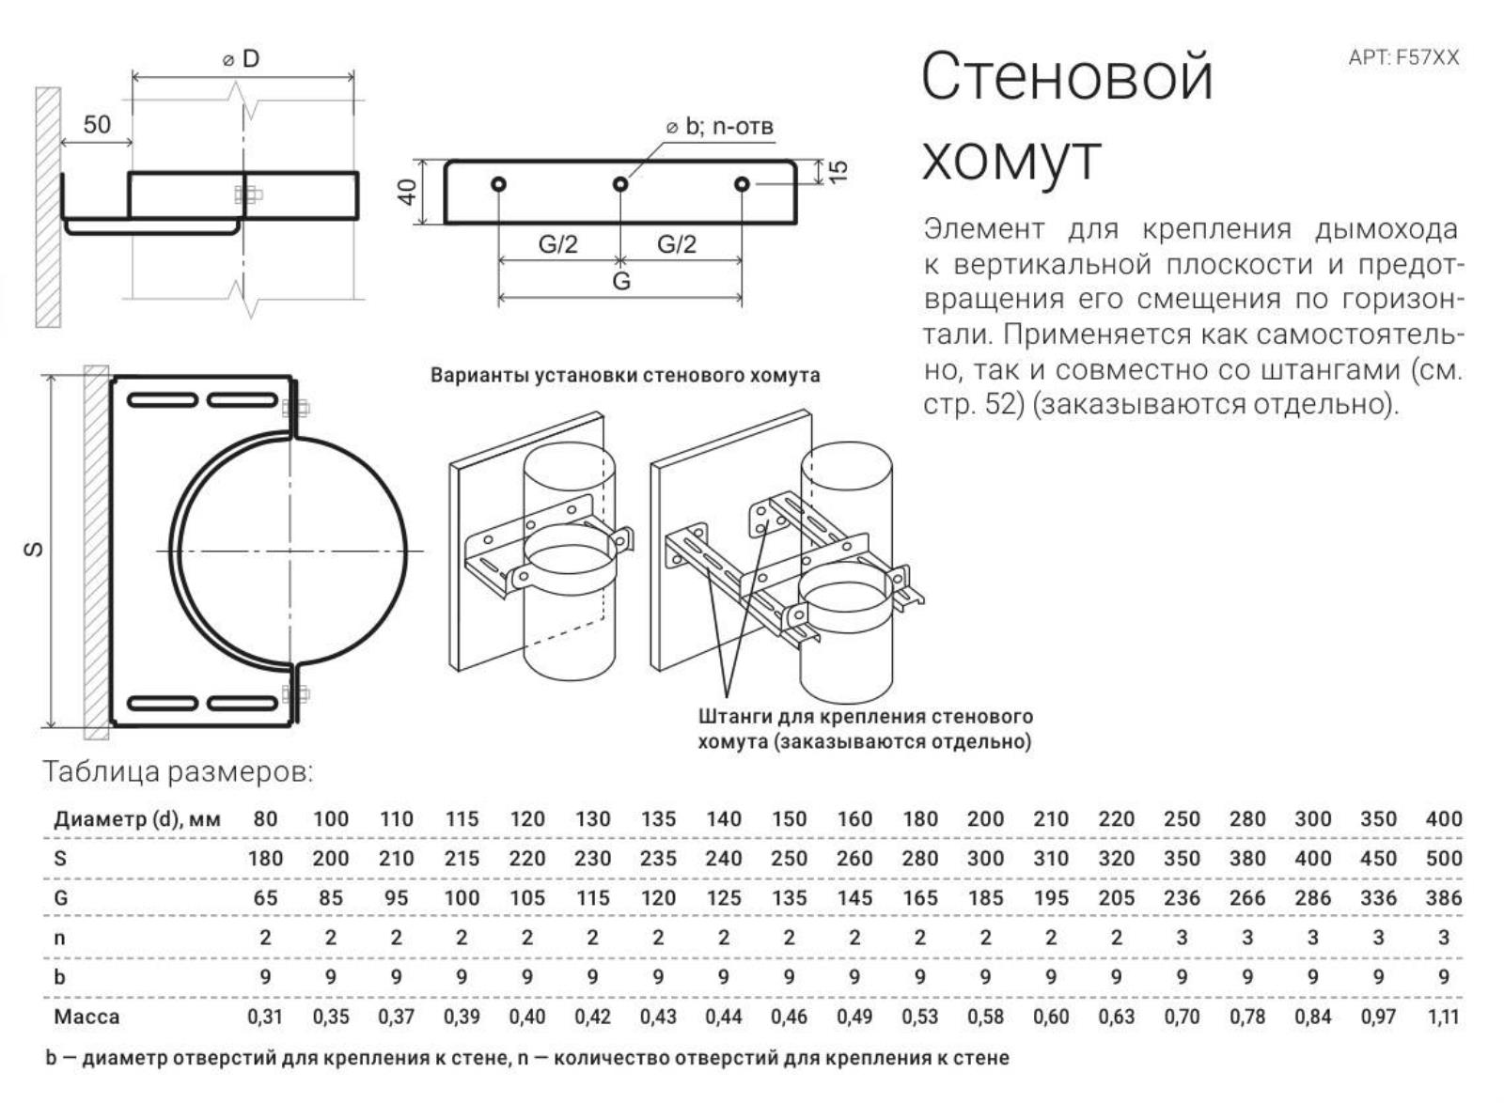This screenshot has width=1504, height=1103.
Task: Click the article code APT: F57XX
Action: (x=1403, y=57)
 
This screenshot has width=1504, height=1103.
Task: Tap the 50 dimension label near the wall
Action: (x=97, y=125)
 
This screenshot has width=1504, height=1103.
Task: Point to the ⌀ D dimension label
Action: (x=242, y=59)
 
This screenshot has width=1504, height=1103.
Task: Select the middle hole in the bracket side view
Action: (x=620, y=184)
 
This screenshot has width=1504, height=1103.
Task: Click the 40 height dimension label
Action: (x=407, y=192)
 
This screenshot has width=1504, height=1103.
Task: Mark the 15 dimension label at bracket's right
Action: (x=838, y=170)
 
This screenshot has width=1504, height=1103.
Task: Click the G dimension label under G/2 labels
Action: (x=621, y=281)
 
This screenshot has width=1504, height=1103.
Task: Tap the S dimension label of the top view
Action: (x=34, y=550)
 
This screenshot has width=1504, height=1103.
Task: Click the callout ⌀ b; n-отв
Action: (x=720, y=126)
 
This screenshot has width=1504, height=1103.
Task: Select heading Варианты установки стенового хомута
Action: (x=625, y=376)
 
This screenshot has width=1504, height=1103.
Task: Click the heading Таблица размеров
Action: (x=178, y=772)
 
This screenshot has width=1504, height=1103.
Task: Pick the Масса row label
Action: (x=86, y=1017)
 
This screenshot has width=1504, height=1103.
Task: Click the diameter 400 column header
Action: (x=1443, y=818)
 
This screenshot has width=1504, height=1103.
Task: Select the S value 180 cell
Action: (x=265, y=858)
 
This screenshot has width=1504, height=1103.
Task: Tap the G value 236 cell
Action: (x=1182, y=898)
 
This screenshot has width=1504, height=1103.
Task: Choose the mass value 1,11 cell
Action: (x=1443, y=1017)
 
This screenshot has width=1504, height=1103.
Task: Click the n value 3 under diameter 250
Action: (x=1182, y=938)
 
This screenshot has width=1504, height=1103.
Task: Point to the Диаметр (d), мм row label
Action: (x=137, y=818)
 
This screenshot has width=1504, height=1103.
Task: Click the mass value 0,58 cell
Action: (x=985, y=1017)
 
